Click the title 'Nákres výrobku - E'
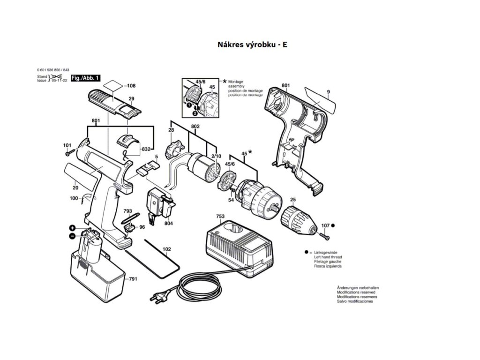252,45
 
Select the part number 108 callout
131,86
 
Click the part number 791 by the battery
133,279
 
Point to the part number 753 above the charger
220,216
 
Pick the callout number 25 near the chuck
292,201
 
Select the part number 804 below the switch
168,224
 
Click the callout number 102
166,249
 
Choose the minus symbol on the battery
72,236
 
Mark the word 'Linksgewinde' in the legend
327,252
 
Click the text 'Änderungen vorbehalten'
358,287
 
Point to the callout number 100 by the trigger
74,199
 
